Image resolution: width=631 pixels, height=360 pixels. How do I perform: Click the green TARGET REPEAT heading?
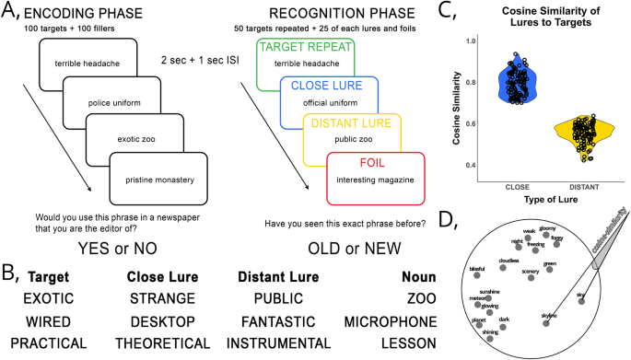(306, 46)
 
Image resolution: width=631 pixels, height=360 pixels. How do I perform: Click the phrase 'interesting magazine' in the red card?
(375, 179)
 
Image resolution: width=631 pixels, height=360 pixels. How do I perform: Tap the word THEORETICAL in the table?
(161, 342)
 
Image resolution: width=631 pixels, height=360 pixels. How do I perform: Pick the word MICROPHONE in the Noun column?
(389, 321)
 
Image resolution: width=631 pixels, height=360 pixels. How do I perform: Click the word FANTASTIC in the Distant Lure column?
(280, 321)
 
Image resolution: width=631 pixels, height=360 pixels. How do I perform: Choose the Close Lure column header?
(161, 276)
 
